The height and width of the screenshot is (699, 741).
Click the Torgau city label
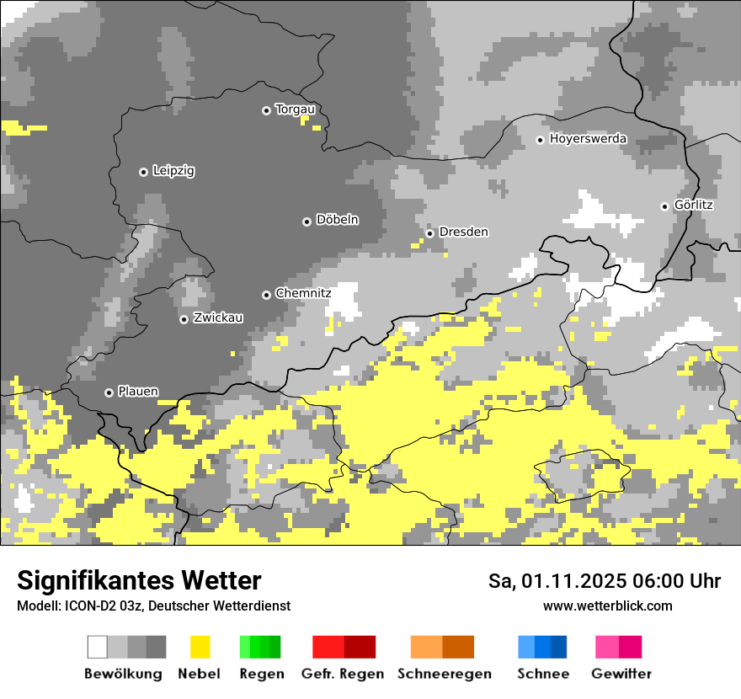[x=295, y=109]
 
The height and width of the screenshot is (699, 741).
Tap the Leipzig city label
[x=173, y=171]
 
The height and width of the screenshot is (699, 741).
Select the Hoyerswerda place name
[x=588, y=139]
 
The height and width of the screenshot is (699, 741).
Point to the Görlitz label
[x=694, y=205]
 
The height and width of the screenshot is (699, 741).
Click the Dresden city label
[x=463, y=232]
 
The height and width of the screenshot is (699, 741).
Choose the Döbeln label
[x=337, y=220]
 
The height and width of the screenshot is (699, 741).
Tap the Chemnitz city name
[x=303, y=293]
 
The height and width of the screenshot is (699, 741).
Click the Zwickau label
[x=218, y=317]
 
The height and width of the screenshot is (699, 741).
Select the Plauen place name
[x=137, y=392]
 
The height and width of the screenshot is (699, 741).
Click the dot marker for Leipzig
[x=143, y=172]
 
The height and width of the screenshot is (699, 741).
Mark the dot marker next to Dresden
[x=429, y=233]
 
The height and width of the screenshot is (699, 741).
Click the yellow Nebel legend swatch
[x=200, y=647]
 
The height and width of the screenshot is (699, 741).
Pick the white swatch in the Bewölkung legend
[x=98, y=647]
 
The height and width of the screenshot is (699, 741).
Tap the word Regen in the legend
[x=259, y=674]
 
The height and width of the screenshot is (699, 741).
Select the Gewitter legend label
[x=621, y=674]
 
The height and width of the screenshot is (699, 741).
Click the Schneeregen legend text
[x=444, y=674]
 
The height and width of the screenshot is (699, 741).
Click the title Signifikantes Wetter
[x=139, y=580]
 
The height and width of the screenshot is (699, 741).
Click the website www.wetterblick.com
[x=607, y=606]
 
